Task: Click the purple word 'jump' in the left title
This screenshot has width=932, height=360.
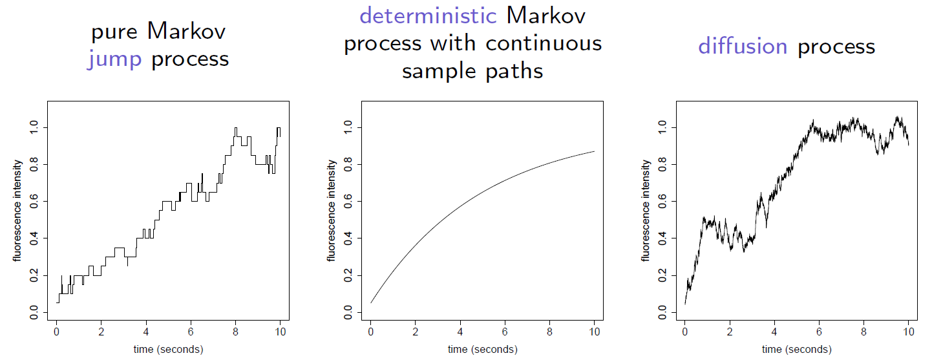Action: tap(114, 59)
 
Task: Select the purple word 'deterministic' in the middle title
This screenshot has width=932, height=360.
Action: tap(428, 16)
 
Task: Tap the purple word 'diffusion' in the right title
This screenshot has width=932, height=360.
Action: tap(743, 46)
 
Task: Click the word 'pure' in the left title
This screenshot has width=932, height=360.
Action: tap(114, 32)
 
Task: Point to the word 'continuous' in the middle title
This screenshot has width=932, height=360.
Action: tap(544, 43)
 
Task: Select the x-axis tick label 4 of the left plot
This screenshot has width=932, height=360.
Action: tap(146, 332)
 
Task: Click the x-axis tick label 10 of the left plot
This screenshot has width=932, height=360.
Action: tap(281, 332)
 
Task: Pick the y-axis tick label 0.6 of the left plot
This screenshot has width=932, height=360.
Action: tap(34, 202)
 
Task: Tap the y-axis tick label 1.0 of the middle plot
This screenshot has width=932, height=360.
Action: tap(348, 127)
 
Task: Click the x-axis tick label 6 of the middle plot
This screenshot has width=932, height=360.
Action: tap(505, 332)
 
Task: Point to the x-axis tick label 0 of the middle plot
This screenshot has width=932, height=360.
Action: tap(371, 332)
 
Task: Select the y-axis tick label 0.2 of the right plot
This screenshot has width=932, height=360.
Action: tap(662, 275)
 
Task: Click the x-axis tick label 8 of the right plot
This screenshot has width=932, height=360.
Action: tap(863, 332)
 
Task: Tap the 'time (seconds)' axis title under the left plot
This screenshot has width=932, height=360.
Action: tap(169, 349)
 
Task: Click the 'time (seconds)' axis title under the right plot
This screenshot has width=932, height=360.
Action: tap(797, 349)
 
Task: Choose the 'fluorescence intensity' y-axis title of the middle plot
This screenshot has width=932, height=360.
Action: tap(331, 211)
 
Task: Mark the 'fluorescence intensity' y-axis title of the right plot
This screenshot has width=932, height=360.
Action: tap(645, 211)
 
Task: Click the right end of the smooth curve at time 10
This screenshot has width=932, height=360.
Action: tap(594, 151)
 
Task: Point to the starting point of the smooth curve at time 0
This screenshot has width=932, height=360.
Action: tap(371, 302)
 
